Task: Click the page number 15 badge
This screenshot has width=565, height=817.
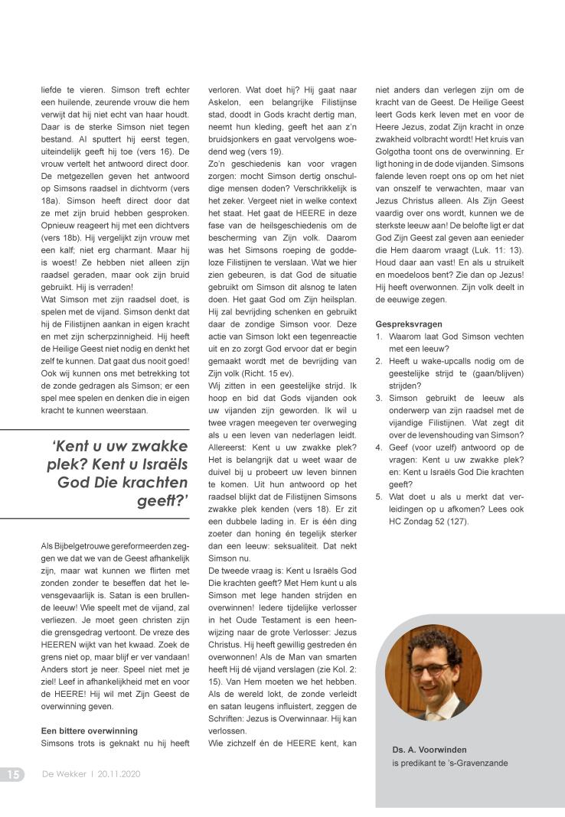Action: tap(12, 774)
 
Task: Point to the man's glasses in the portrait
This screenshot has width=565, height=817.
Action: tap(432, 668)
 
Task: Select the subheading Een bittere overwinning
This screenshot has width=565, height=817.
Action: tap(90, 731)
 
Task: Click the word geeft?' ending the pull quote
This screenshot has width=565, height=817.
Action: tap(162, 502)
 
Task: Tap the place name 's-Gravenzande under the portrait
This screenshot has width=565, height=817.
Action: tap(475, 763)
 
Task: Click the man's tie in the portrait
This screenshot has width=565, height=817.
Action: tap(433, 709)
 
